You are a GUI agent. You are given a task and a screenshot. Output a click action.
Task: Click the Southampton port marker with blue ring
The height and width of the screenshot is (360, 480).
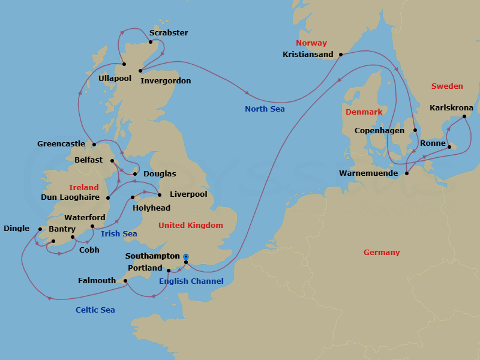click(185, 256)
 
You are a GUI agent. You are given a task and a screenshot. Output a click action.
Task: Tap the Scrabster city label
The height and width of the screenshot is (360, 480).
click(169, 32)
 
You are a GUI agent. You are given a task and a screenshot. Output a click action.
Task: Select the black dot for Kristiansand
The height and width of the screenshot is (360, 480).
click(340, 55)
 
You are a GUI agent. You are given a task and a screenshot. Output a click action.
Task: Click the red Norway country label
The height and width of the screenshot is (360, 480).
click(311, 43)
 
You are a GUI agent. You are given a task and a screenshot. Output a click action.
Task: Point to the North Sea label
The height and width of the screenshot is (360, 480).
click(265, 109)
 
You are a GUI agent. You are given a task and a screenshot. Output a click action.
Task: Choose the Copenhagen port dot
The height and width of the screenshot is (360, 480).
click(415, 130)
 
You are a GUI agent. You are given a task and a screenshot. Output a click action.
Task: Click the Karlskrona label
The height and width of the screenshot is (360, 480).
click(451, 108)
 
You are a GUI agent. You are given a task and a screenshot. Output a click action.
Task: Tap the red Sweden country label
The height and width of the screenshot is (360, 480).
click(447, 86)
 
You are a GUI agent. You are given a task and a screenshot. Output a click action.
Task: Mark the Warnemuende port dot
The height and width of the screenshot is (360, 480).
click(407, 174)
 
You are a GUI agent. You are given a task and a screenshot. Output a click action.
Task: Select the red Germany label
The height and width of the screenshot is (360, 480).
click(382, 253)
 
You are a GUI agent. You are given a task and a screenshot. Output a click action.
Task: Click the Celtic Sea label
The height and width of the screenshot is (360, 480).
click(95, 310)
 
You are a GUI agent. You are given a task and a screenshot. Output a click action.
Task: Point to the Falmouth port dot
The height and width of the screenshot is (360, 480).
click(125, 281)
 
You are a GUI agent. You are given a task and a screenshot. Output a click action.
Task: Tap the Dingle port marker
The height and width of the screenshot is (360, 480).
click(40, 229)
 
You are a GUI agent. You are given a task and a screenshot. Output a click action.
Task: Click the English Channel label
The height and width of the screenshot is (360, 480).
click(191, 281)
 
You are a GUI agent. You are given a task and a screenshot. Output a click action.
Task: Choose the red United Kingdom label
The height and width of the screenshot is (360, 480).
click(190, 226)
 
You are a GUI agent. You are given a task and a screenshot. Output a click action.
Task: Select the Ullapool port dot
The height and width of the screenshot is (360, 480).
click(124, 64)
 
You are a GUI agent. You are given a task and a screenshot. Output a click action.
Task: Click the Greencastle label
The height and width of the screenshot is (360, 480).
click(61, 144)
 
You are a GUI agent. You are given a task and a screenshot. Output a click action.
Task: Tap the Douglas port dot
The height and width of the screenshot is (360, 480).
click(135, 174)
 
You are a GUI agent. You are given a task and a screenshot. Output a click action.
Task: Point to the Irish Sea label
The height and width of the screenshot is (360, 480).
click(119, 233)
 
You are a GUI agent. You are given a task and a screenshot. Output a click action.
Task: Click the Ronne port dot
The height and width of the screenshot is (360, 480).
click(449, 146)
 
